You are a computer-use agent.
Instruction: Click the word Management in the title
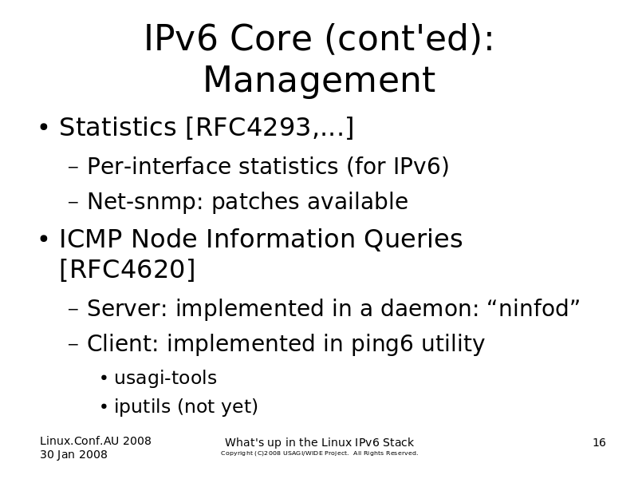click(320, 80)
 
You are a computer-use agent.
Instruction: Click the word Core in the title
click(271, 38)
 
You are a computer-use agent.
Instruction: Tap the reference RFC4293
click(253, 127)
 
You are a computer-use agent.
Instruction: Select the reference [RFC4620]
click(128, 269)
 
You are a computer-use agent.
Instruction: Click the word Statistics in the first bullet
click(117, 127)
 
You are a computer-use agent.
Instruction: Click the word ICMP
click(90, 238)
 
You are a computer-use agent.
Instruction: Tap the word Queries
click(413, 239)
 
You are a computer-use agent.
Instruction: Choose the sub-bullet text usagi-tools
click(166, 378)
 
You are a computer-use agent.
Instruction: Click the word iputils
click(142, 406)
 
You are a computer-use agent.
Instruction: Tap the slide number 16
click(599, 442)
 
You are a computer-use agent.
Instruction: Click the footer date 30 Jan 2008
click(73, 454)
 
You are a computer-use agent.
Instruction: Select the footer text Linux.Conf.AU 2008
click(96, 441)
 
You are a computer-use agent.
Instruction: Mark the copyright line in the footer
click(320, 453)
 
